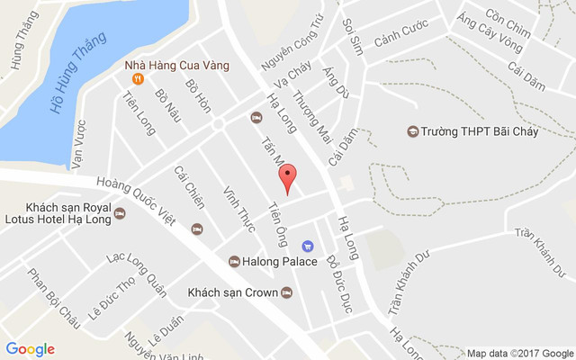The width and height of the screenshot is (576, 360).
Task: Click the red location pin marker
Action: pyautogui.click(x=287, y=178)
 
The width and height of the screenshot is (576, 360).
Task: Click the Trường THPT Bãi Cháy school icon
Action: pyautogui.click(x=412, y=131)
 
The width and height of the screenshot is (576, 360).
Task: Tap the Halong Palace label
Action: pyautogui.click(x=280, y=261)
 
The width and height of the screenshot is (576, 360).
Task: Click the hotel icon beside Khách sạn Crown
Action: pyautogui.click(x=286, y=292)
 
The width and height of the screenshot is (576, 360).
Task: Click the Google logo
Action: pyautogui.click(x=30, y=349)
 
